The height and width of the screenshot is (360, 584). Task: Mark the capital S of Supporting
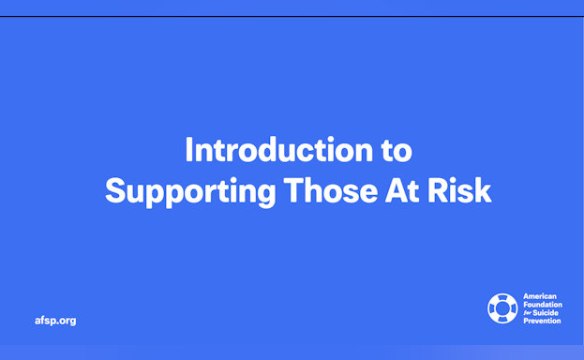point(115,190)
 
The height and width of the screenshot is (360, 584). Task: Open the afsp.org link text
point(54,321)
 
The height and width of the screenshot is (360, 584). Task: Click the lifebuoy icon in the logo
point(502,307)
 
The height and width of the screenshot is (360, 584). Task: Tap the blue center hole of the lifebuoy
point(502,307)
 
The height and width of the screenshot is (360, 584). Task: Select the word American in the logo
point(540,294)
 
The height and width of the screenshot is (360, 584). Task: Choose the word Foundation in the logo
point(543,303)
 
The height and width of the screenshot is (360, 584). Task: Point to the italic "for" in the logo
point(527,312)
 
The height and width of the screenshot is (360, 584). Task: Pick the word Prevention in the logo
point(542,321)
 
